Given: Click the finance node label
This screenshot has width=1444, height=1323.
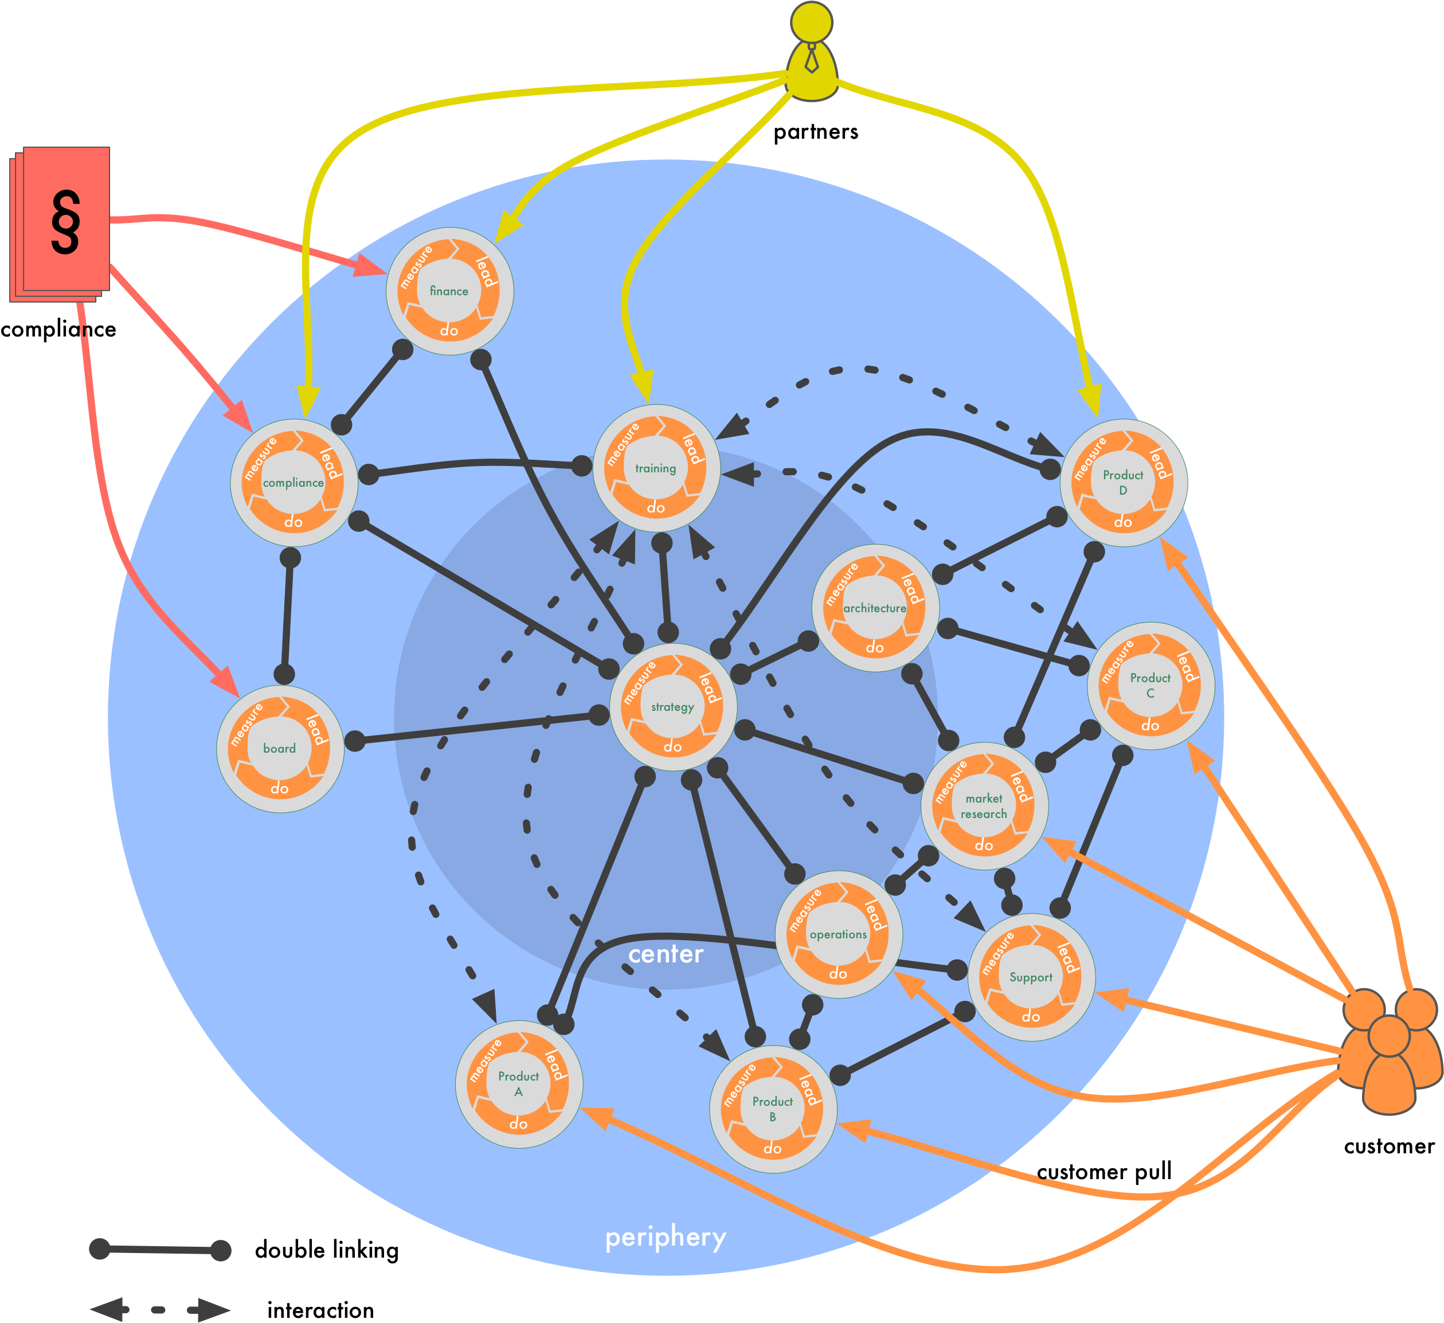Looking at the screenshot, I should pyautogui.click(x=449, y=291).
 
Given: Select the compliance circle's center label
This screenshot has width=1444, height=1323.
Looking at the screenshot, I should pyautogui.click(x=293, y=483).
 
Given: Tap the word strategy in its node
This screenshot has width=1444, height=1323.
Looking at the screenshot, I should pyautogui.click(x=672, y=707).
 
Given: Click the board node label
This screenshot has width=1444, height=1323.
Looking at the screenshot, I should pyautogui.click(x=279, y=749).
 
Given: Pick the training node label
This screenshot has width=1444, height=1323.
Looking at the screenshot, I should pyautogui.click(x=655, y=468).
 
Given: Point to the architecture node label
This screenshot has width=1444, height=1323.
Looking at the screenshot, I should pyautogui.click(x=875, y=608).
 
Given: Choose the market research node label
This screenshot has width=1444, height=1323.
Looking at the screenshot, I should pyautogui.click(x=984, y=806).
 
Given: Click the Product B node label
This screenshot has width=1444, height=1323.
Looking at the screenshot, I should pyautogui.click(x=772, y=1109).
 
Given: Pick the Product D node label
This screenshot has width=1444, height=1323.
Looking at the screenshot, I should pyautogui.click(x=1122, y=483).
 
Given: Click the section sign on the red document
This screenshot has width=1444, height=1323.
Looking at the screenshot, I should pyautogui.click(x=65, y=222).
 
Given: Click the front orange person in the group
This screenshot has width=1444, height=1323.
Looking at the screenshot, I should pyautogui.click(x=1389, y=1067).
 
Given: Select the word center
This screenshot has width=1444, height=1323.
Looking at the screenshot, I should pyautogui.click(x=666, y=954).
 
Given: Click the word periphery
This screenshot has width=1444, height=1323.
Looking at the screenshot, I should pyautogui.click(x=666, y=1238).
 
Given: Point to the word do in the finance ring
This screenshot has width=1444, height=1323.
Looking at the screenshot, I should pyautogui.click(x=449, y=330).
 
